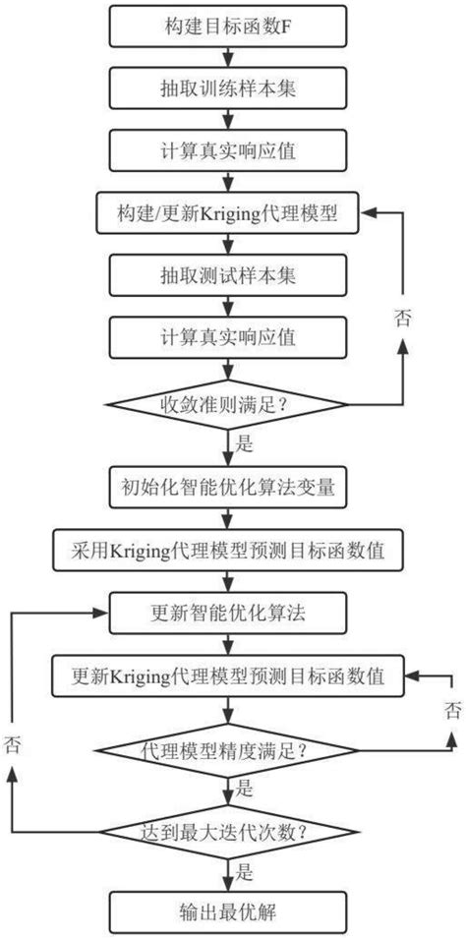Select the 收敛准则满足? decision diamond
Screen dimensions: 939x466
click(x=228, y=403)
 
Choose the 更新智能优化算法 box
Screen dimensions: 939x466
click(x=228, y=612)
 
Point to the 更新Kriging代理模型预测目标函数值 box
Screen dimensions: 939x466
click(x=228, y=676)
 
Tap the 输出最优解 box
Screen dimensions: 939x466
click(x=228, y=910)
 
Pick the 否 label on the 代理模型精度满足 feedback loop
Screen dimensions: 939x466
click(x=451, y=709)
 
